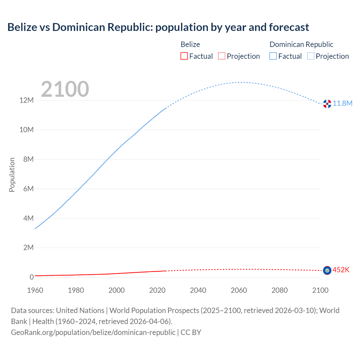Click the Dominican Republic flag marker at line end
327,104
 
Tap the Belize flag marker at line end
327,270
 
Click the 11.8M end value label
343,103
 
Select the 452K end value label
341,270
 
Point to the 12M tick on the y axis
26,100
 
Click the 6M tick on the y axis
28,189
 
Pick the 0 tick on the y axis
32,277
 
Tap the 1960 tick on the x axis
35,290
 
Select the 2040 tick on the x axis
198,290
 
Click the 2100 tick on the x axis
320,290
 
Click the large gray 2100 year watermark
65,89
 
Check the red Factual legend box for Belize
184,56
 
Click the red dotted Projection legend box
222,56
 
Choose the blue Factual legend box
273,56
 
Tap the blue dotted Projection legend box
310,56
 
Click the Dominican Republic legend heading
301,44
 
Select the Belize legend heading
190,44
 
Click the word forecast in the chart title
289,27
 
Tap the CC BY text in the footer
191,332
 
